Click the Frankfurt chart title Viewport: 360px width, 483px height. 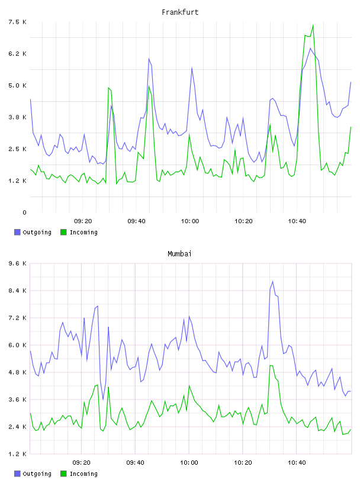tap(180, 12)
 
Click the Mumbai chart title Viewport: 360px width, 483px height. tap(179, 254)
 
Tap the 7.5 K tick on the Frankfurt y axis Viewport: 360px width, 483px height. tap(17, 22)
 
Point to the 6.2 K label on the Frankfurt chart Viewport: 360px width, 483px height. tap(17, 54)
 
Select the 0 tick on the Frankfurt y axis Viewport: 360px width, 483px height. tap(24, 212)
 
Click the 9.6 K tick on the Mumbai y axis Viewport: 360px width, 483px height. tap(17, 263)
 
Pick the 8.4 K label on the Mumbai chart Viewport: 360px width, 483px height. tap(17, 291)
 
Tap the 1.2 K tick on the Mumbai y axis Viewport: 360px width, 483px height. tap(17, 454)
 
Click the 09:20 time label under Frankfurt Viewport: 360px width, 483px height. tap(83, 221)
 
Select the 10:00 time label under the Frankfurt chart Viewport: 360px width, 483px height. tap(190, 221)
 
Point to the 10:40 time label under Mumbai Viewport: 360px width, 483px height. tap(297, 463)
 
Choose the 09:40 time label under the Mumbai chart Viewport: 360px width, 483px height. tap(136, 463)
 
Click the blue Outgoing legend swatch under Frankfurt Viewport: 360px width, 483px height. tap(17, 232)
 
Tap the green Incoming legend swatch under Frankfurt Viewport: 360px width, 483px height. tap(63, 232)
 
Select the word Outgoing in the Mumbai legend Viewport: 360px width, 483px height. tap(37, 474)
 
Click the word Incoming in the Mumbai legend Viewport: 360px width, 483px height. tap(83, 474)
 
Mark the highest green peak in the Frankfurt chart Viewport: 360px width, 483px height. tap(313, 25)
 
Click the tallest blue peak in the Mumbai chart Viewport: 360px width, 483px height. tap(272, 282)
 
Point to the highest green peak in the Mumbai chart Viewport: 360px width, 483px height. tap(271, 365)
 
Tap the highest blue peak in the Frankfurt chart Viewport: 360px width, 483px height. tap(310, 48)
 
